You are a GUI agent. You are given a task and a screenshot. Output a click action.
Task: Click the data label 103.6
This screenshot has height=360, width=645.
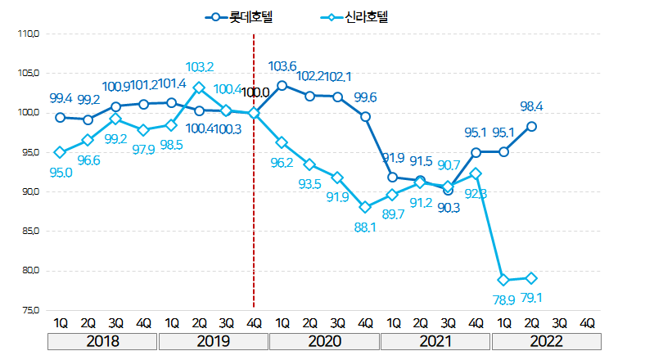(282, 66)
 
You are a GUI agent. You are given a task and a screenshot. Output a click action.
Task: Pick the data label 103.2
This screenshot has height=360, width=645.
(200, 67)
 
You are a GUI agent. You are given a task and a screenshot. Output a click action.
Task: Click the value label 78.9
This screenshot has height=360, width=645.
(504, 300)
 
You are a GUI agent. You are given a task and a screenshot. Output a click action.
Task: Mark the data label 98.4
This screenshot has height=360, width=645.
(532, 107)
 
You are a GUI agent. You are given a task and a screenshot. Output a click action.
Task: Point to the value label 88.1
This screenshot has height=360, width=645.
(364, 228)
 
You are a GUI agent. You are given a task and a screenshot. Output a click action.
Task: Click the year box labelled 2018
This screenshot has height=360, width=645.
(102, 340)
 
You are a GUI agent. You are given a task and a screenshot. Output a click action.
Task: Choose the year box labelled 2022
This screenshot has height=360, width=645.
(546, 340)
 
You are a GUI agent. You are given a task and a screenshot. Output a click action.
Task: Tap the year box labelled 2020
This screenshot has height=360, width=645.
(324, 340)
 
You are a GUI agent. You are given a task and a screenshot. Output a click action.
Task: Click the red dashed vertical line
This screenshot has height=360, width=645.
(255, 205)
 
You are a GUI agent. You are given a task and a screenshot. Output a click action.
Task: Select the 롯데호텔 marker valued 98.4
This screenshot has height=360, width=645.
(532, 126)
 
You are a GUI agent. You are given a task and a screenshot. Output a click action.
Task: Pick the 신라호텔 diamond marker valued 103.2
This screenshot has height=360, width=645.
(199, 88)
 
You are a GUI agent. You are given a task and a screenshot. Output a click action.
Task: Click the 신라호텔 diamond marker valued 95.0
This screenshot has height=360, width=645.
(60, 152)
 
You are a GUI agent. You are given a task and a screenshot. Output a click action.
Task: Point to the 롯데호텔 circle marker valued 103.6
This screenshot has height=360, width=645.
(282, 85)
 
